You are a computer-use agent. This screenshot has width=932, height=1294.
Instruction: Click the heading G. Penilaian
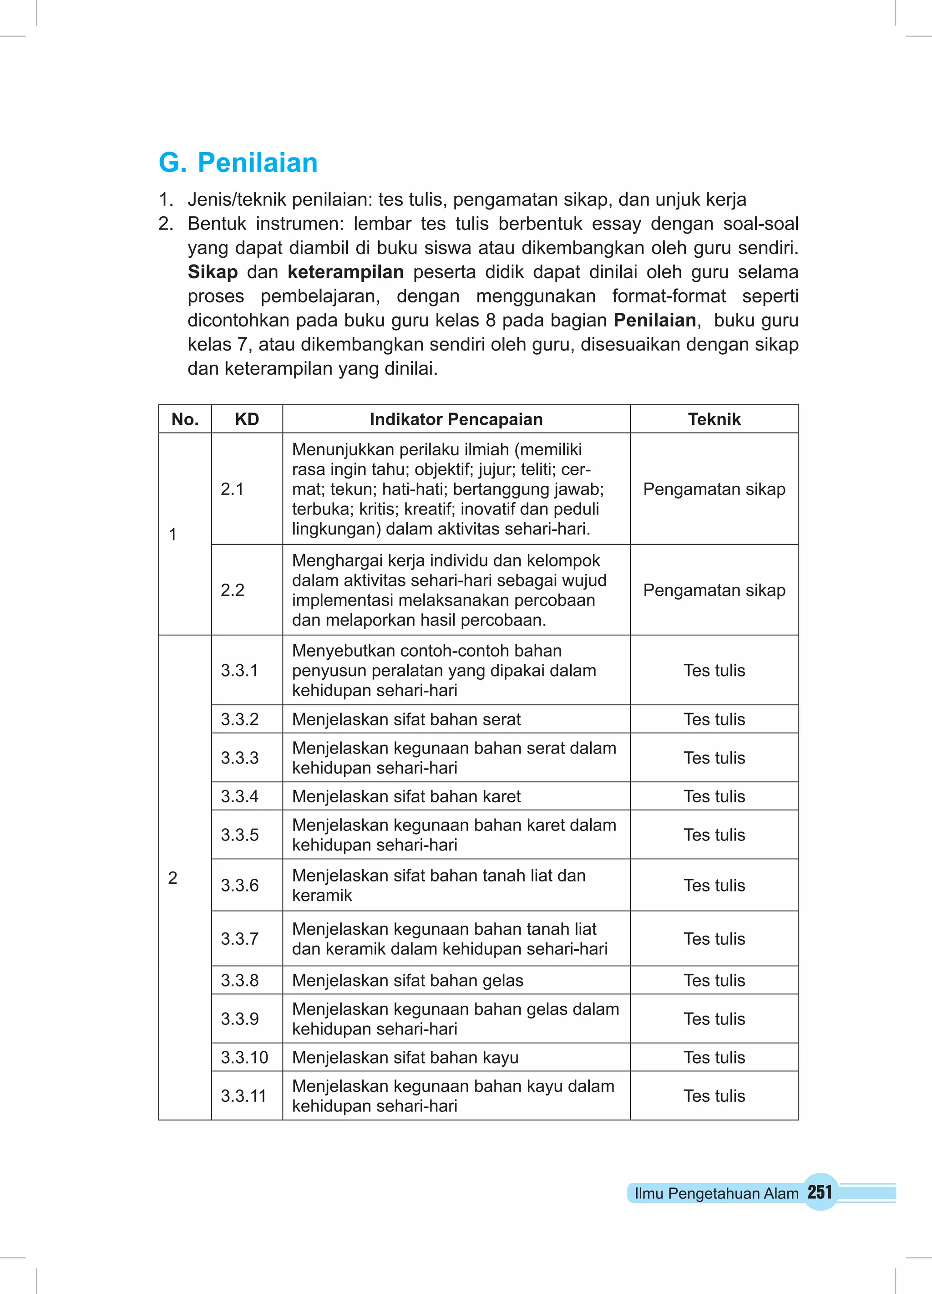point(238,163)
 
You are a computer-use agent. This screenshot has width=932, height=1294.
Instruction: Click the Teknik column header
point(714,419)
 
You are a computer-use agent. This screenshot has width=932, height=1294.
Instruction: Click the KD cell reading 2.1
point(232,489)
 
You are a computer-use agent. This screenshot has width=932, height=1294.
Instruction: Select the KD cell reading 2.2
point(232,590)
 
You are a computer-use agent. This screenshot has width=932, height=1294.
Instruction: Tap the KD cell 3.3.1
point(239,670)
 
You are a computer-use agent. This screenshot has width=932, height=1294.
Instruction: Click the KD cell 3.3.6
point(239,885)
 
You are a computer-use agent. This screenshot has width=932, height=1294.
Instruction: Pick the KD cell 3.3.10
point(244,1057)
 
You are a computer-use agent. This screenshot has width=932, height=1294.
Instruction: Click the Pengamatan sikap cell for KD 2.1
point(714,489)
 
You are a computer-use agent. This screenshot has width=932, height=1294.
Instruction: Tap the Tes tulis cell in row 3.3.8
point(714,980)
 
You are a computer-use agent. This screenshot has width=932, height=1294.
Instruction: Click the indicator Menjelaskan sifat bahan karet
point(406,796)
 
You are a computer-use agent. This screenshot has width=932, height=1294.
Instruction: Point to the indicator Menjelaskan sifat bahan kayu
point(405,1057)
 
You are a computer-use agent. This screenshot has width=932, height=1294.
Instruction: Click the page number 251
point(820,1192)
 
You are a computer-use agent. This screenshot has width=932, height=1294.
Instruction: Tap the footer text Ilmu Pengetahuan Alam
point(716,1193)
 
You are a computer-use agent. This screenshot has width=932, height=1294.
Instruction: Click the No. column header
point(185,419)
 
